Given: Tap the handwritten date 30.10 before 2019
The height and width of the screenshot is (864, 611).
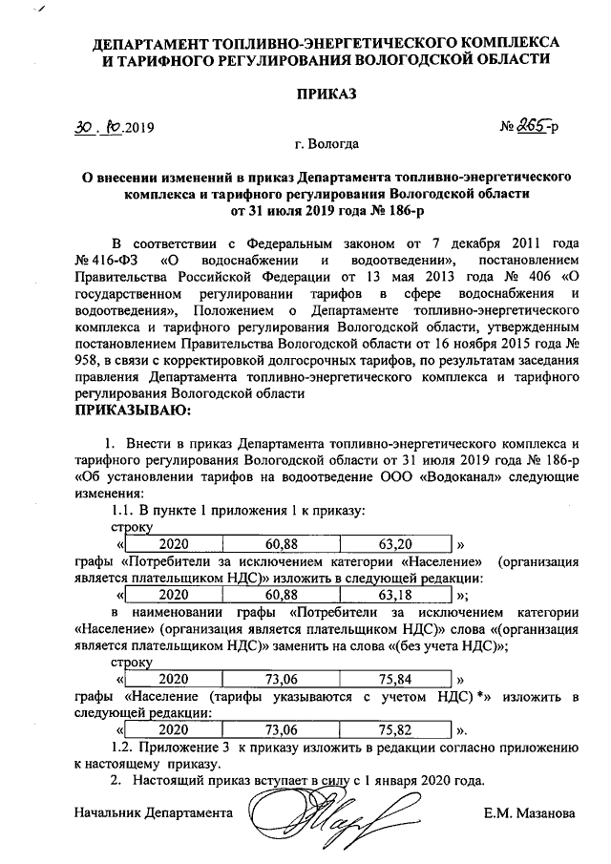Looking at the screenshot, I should tap(100, 127).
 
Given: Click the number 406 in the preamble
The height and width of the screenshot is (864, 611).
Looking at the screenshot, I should tap(531, 276).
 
